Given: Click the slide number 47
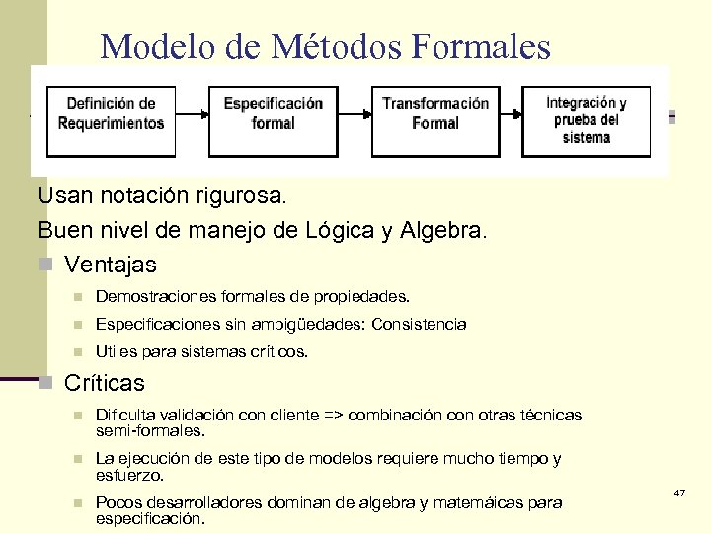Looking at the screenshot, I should tap(679, 492).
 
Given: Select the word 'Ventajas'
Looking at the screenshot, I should tap(111, 266).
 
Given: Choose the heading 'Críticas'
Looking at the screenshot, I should tap(105, 383).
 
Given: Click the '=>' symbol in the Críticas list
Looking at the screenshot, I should tap(335, 415).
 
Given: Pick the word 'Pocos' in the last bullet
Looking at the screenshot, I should tap(116, 502).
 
